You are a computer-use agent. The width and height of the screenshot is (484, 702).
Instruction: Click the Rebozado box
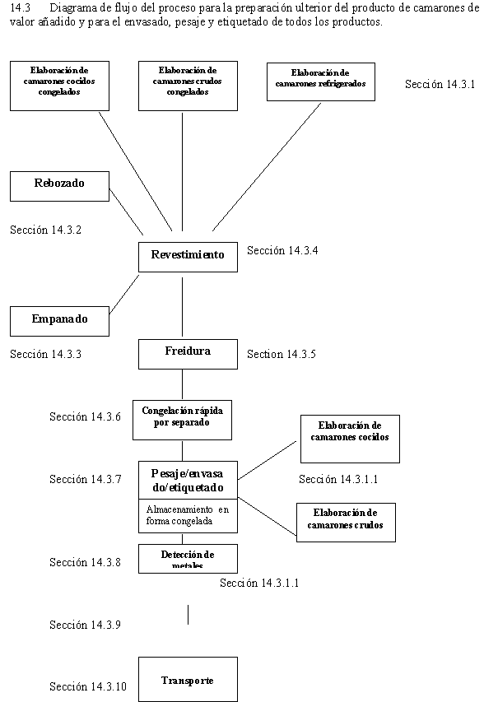click(x=59, y=184)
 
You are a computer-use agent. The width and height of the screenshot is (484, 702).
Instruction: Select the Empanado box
click(x=59, y=320)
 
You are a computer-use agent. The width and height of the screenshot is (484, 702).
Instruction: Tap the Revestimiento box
click(x=187, y=256)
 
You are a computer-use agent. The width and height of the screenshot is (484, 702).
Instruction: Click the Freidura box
click(x=187, y=352)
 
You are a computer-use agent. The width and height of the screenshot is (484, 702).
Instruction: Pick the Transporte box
click(x=187, y=681)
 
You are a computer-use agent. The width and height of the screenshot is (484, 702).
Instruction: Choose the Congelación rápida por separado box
click(x=182, y=416)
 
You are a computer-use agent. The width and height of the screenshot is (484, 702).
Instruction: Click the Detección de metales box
click(x=187, y=558)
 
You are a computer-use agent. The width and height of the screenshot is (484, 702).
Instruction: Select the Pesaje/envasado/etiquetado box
click(x=187, y=479)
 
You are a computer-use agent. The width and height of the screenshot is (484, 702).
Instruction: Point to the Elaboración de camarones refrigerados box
click(x=320, y=81)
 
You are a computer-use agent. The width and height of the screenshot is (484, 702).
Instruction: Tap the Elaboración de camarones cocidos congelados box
click(x=59, y=85)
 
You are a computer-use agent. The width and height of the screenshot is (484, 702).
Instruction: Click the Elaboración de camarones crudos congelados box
click(x=187, y=85)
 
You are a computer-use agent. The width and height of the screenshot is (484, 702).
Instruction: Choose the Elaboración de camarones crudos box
click(x=347, y=519)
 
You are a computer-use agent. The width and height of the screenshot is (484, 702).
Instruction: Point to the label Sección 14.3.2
click(x=45, y=230)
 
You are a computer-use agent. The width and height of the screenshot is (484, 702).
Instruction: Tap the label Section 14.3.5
click(x=282, y=355)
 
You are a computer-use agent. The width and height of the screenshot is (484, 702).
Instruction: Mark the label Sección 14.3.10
click(x=88, y=686)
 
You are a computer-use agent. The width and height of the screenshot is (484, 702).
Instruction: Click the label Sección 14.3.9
click(x=85, y=625)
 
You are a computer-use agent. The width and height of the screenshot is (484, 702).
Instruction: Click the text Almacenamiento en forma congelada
click(x=187, y=515)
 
